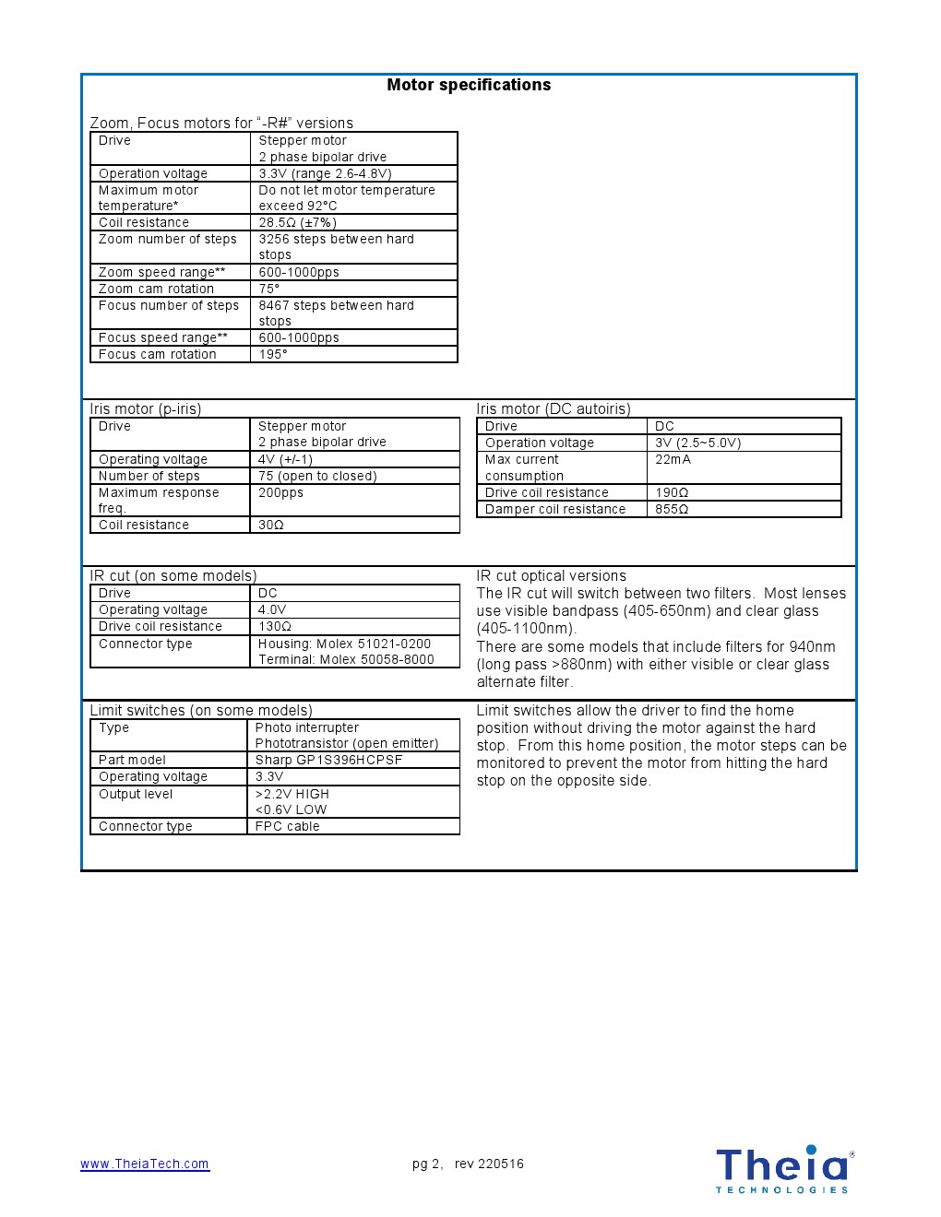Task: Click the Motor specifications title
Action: (x=469, y=85)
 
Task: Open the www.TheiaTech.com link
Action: (x=145, y=1164)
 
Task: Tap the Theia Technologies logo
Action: (x=784, y=1169)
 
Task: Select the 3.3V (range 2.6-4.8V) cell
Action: (x=325, y=173)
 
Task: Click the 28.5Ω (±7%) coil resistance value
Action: (x=297, y=222)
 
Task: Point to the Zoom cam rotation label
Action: (x=156, y=289)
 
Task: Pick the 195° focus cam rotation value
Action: (x=273, y=354)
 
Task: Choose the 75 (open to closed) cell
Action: (x=317, y=476)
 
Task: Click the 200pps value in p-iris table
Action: (x=280, y=492)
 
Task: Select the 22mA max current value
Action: (x=673, y=459)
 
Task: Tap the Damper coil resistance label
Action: (x=555, y=509)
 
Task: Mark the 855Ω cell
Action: (x=672, y=509)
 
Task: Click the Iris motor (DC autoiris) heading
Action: (x=554, y=408)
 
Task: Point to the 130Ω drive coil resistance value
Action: (x=275, y=626)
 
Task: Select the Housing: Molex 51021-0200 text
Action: (x=344, y=644)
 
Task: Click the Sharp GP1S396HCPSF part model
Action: (x=328, y=760)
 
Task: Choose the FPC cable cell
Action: (x=287, y=826)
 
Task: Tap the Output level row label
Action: (x=136, y=794)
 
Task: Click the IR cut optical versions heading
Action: (x=551, y=575)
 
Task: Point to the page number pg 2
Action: (x=426, y=1164)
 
